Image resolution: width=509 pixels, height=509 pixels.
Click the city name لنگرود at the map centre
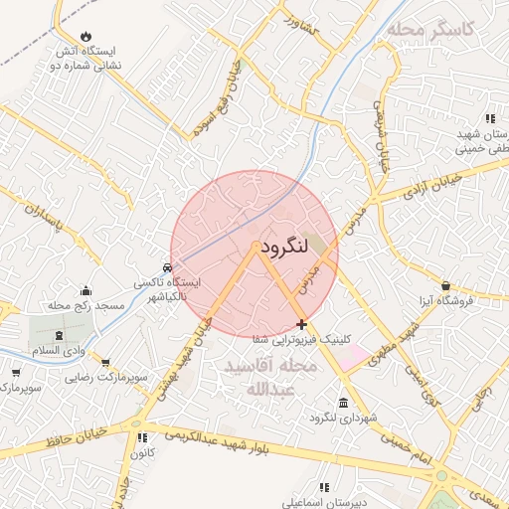point(289,248)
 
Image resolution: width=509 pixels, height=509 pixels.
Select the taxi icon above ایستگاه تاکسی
point(168,267)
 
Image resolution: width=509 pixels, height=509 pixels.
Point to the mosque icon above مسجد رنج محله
point(86,291)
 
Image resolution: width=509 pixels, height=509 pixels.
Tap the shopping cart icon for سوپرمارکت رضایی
point(106,363)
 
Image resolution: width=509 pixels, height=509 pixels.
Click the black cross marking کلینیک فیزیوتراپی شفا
point(301,324)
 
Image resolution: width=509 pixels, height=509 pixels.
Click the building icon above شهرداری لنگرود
point(343,403)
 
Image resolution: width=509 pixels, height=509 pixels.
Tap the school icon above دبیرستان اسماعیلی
point(324,487)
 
